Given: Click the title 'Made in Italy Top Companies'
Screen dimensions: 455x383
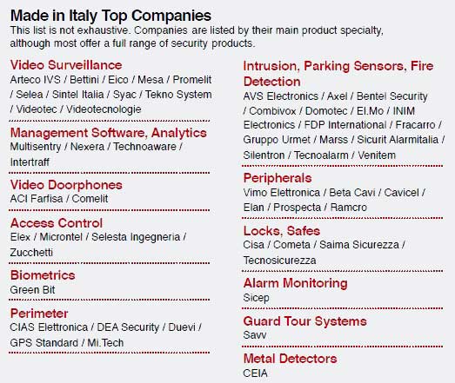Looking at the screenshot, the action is coord(110,16).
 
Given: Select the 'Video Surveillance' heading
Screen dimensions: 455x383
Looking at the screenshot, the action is coord(66,65).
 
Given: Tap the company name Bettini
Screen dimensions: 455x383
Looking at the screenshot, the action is coord(84,80).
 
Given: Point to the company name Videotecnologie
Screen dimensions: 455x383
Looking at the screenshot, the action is coord(104,109).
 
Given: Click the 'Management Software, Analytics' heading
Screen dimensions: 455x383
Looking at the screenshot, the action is coord(109,133).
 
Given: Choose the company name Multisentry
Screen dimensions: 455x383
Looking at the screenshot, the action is coord(36,147).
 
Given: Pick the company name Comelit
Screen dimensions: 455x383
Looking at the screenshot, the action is coord(90,199).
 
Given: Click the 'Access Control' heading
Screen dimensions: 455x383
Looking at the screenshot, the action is coord(57,223).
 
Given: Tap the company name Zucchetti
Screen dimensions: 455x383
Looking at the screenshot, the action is coord(31,253).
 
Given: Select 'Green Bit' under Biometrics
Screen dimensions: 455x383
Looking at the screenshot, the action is coord(32,290).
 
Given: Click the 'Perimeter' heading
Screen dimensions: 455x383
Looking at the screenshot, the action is coord(39,314).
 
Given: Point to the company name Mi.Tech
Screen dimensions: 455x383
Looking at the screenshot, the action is coord(105,343).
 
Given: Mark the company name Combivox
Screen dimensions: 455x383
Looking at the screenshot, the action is coord(272,111).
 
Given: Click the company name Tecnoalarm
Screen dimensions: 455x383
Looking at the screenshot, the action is coord(321,155).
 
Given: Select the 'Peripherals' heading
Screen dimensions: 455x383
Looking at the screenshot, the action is coord(278,178).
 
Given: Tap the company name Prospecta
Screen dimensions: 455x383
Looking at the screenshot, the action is coord(298,208).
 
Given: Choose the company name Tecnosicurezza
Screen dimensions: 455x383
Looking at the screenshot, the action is coord(280,261).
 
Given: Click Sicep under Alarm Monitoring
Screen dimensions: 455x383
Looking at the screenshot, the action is coord(257,298).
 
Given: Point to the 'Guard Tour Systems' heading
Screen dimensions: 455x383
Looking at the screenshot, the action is coord(305,321).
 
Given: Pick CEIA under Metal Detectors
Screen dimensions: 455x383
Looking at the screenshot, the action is coord(256,373).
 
